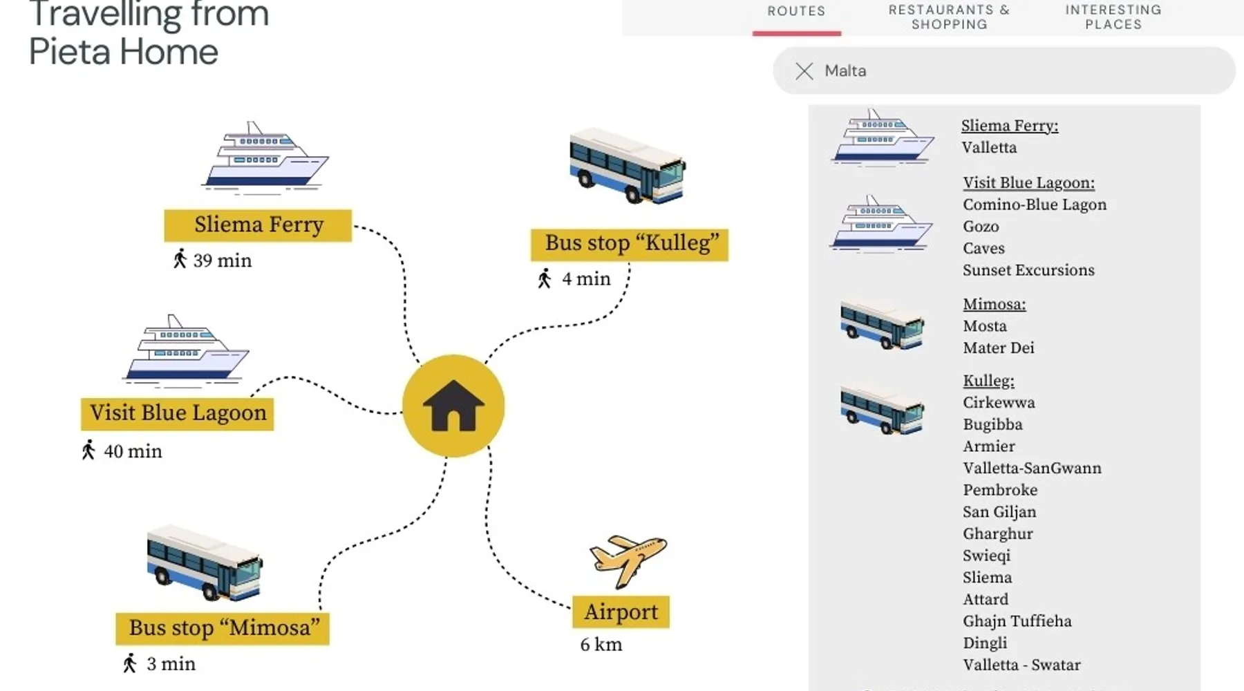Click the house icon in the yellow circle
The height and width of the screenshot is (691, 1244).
pos(453,406)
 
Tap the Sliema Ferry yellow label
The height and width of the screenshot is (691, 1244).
pos(258,225)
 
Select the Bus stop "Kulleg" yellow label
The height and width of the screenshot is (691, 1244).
pos(630,244)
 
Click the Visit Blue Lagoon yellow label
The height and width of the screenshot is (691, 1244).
pos(178,413)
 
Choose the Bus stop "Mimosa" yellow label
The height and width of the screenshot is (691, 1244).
pos(223,628)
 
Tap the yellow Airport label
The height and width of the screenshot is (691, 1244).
pos(621,612)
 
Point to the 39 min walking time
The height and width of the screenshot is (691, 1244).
pos(221,261)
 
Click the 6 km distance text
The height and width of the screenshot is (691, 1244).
pos(601,645)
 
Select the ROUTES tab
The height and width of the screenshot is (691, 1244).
pos(796,12)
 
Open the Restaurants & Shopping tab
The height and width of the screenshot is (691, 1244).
pos(949,17)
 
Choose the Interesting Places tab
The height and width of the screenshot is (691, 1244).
pos(1113,17)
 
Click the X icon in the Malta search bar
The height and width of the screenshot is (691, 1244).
pos(804,70)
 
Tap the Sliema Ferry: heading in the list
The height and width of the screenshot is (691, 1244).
pos(1009,126)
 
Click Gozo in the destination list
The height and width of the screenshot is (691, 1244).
pos(981,227)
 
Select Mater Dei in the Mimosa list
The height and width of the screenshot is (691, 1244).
pos(998,348)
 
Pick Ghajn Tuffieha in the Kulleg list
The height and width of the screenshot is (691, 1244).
pos(1017,621)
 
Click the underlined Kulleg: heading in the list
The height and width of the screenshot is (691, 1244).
pos(988,381)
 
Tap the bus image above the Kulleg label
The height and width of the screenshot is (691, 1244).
pos(628,167)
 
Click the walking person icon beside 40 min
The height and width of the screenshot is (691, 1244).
pos(88,450)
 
